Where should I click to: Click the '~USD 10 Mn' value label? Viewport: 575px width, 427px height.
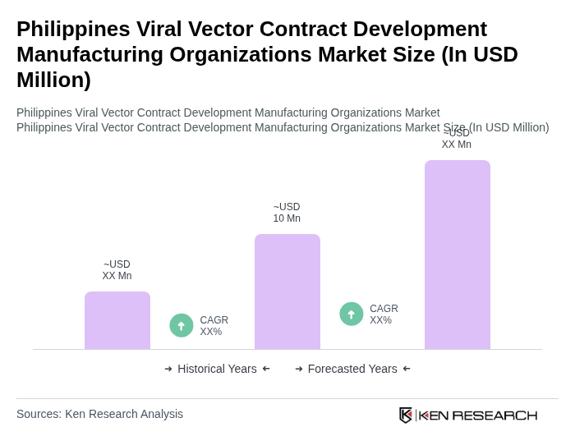pyautogui.click(x=287, y=213)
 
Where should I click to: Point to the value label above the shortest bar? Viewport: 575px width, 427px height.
pyautogui.click(x=117, y=270)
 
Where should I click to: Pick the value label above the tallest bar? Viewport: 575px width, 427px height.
pyautogui.click(x=457, y=139)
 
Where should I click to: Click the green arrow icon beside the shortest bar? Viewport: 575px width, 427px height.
pyautogui.click(x=182, y=325)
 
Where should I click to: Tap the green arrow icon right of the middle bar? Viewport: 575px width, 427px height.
pyautogui.click(x=352, y=314)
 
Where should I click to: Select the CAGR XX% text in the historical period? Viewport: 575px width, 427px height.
pyautogui.click(x=214, y=326)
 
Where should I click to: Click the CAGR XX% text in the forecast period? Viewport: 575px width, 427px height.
pyautogui.click(x=384, y=315)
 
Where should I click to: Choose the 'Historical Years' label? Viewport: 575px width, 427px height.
pyautogui.click(x=217, y=369)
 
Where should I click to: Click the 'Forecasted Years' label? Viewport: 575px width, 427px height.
pyautogui.click(x=352, y=369)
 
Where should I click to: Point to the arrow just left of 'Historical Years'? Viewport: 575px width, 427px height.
pyautogui.click(x=168, y=369)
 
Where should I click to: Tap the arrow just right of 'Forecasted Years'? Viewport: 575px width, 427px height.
pyautogui.click(x=407, y=369)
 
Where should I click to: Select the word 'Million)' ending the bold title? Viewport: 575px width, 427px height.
pyautogui.click(x=53, y=80)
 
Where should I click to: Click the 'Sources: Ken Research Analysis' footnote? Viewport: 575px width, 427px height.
pyautogui.click(x=99, y=414)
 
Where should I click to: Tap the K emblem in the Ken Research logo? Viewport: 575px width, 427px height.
pyautogui.click(x=406, y=415)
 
